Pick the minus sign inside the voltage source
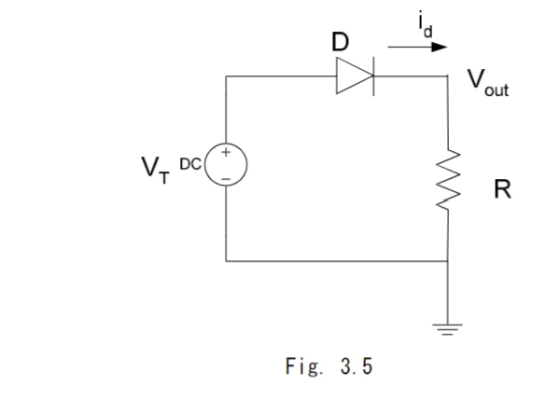click(227, 180)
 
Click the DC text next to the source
click(191, 163)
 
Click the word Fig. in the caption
click(301, 365)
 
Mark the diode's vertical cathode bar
click(372, 77)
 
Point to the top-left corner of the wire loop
click(227, 77)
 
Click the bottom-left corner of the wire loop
click(227, 261)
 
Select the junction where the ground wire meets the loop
click(451, 261)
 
